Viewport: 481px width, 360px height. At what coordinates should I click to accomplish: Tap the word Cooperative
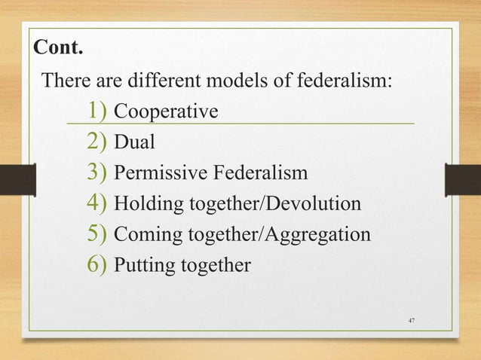pos(166,112)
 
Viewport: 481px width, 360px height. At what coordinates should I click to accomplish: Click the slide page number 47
pos(411,322)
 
